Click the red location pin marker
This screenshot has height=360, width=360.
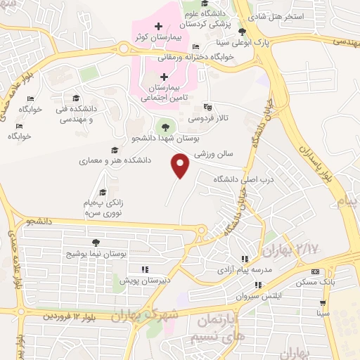click(181, 165)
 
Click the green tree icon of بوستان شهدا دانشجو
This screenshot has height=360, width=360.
click(165, 127)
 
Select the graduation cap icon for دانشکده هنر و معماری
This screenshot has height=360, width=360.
click(115, 150)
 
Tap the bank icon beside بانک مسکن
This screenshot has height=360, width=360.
click(314, 271)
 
